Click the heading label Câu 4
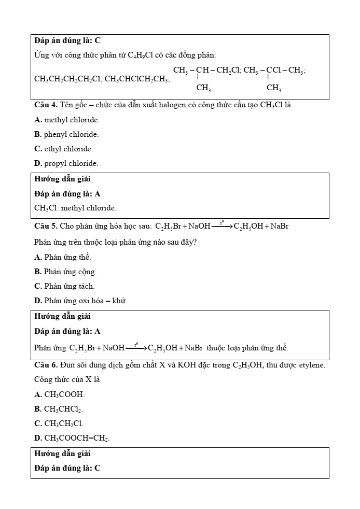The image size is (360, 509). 46,105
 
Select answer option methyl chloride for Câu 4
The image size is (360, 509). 67,120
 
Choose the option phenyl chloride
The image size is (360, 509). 66,134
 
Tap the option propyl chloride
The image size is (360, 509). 66,163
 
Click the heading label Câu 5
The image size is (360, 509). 46,227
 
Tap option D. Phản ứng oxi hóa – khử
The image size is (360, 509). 80,301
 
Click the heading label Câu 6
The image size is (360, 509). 46,365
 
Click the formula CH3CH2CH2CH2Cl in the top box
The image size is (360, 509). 67,79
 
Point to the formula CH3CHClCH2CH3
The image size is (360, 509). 136,79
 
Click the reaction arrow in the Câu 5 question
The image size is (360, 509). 222,227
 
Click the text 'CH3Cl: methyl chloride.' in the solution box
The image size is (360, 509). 75,208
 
